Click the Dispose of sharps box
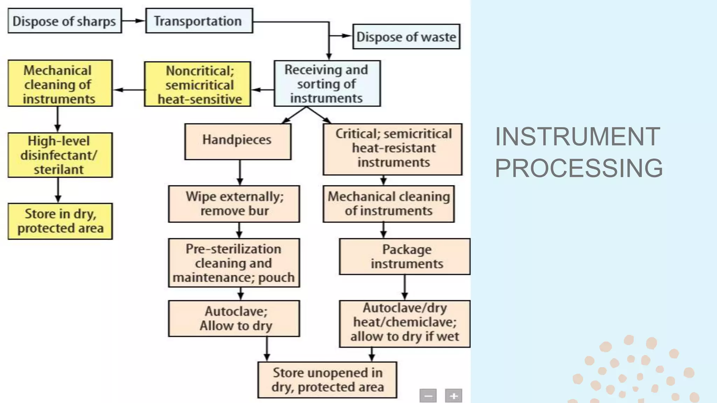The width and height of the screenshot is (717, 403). (65, 21)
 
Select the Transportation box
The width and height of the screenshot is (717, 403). (199, 21)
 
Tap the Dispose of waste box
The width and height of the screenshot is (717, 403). (406, 37)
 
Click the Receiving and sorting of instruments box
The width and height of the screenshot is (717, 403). (327, 84)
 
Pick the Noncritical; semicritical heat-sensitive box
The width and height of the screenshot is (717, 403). (198, 84)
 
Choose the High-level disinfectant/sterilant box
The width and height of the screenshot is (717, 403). (60, 155)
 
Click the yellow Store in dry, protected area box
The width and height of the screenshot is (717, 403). (60, 221)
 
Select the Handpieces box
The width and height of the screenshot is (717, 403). (238, 141)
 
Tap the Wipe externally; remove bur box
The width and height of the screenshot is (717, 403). (234, 204)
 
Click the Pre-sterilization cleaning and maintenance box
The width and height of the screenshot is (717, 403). (234, 263)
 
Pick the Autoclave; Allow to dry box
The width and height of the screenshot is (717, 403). (234, 318)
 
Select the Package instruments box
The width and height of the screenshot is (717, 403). (405, 256)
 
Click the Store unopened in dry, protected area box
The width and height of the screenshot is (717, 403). (327, 380)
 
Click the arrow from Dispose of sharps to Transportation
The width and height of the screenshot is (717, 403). (133, 21)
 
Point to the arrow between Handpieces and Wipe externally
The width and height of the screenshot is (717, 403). (240, 172)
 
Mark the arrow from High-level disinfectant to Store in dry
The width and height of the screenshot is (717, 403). (58, 190)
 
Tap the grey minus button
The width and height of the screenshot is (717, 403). (428, 396)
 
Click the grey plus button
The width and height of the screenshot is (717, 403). (454, 396)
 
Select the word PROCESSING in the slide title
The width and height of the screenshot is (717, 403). (579, 168)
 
